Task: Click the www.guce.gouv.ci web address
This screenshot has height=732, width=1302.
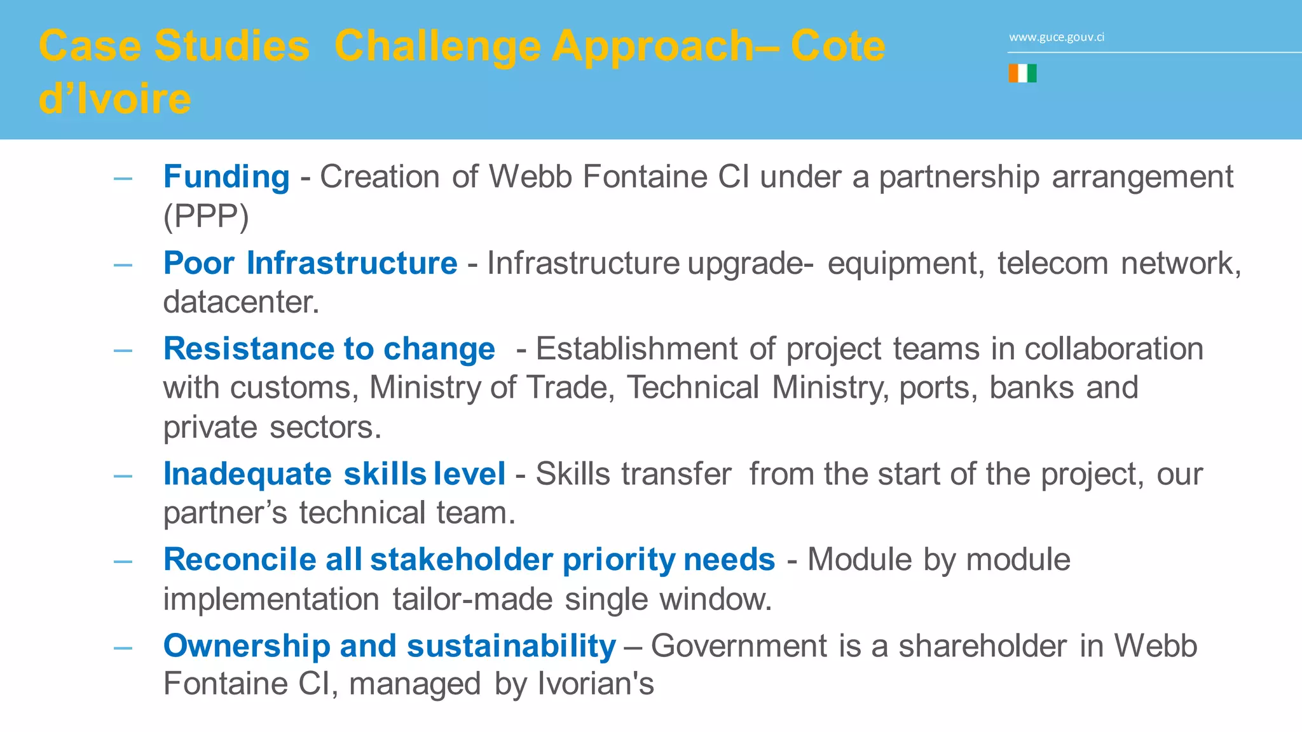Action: coord(1056,37)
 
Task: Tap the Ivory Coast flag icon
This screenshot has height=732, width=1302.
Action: coord(1022,74)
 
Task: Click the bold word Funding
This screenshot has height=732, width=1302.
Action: coord(226,177)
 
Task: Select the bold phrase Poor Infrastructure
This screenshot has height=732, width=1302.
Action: coord(310,263)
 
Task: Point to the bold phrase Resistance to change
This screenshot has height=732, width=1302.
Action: coord(329,349)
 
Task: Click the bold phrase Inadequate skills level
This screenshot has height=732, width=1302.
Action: coord(334,474)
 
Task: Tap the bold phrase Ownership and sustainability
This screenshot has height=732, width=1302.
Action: coord(389,646)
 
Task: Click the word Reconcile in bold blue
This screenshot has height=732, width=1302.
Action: coord(240,560)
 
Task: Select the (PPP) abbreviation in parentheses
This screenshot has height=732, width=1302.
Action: coord(206,216)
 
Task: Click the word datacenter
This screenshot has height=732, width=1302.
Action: coord(240,302)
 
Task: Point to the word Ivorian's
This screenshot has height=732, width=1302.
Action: coord(596,684)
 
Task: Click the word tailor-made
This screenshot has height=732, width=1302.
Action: coord(472,599)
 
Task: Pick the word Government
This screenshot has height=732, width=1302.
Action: coord(739,646)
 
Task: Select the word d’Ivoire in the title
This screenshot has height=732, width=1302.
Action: coord(114,99)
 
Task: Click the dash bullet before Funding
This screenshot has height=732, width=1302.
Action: coord(123,179)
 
